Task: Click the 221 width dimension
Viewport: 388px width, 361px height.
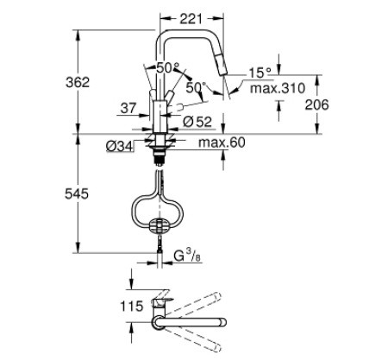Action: pyautogui.click(x=191, y=19)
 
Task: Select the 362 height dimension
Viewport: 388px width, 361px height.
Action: pyautogui.click(x=78, y=83)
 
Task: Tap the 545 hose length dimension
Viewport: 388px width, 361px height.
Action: pyautogui.click(x=77, y=194)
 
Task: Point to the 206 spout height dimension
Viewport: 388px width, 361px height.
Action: pyautogui.click(x=316, y=104)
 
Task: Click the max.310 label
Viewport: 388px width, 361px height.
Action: pyautogui.click(x=278, y=88)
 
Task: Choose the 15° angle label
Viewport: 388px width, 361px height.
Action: pyautogui.click(x=260, y=73)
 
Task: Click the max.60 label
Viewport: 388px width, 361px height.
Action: pyautogui.click(x=222, y=142)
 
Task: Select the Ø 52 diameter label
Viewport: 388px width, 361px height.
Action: pyautogui.click(x=197, y=122)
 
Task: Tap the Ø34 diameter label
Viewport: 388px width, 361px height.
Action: pyautogui.click(x=120, y=146)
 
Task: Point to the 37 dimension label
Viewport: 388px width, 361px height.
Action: pyautogui.click(x=128, y=109)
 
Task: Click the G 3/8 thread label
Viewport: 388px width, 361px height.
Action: pyautogui.click(x=187, y=256)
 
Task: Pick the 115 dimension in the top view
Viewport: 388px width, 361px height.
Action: pyautogui.click(x=132, y=306)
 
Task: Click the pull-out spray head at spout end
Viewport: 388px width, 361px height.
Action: pyautogui.click(x=220, y=65)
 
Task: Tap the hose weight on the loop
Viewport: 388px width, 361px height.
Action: pyautogui.click(x=159, y=225)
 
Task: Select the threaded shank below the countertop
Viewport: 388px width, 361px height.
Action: pyautogui.click(x=159, y=155)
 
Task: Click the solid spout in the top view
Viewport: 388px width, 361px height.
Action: pyautogui.click(x=189, y=322)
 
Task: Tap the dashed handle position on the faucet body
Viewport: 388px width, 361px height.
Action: pyautogui.click(x=175, y=107)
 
